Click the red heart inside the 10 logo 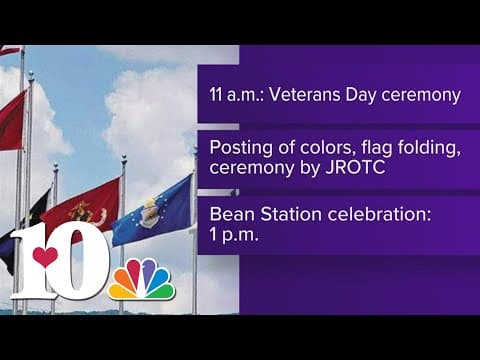point(46,257)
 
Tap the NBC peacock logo point(141,279)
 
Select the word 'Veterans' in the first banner point(305,96)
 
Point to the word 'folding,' point(411,148)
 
